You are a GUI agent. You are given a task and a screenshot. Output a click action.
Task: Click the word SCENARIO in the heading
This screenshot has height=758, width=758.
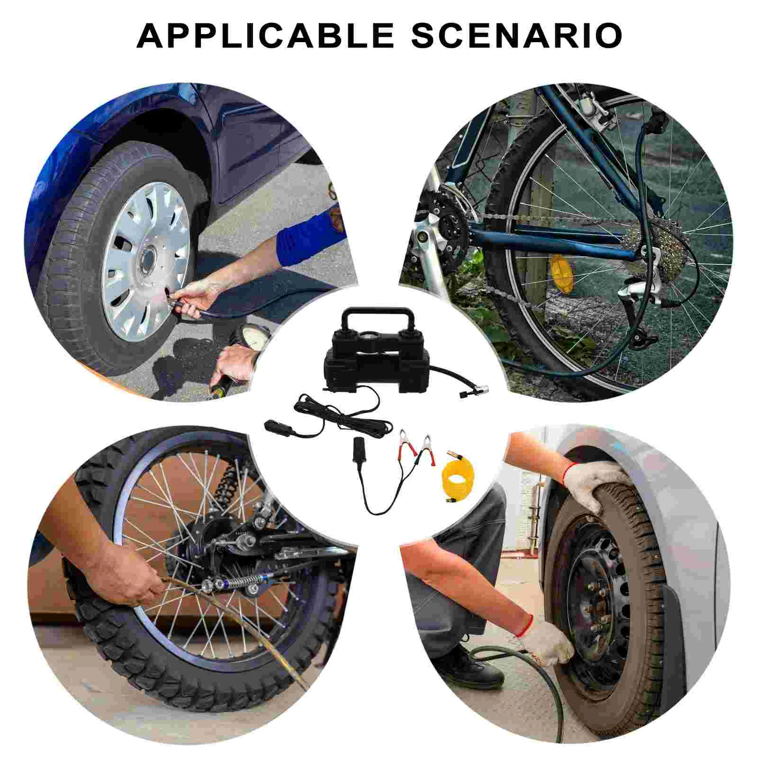click(517, 35)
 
